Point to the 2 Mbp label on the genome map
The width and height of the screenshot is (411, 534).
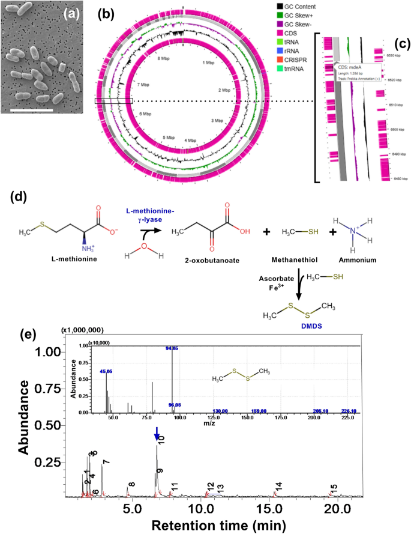(x=224, y=90)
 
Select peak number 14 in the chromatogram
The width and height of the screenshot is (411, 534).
(x=278, y=486)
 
